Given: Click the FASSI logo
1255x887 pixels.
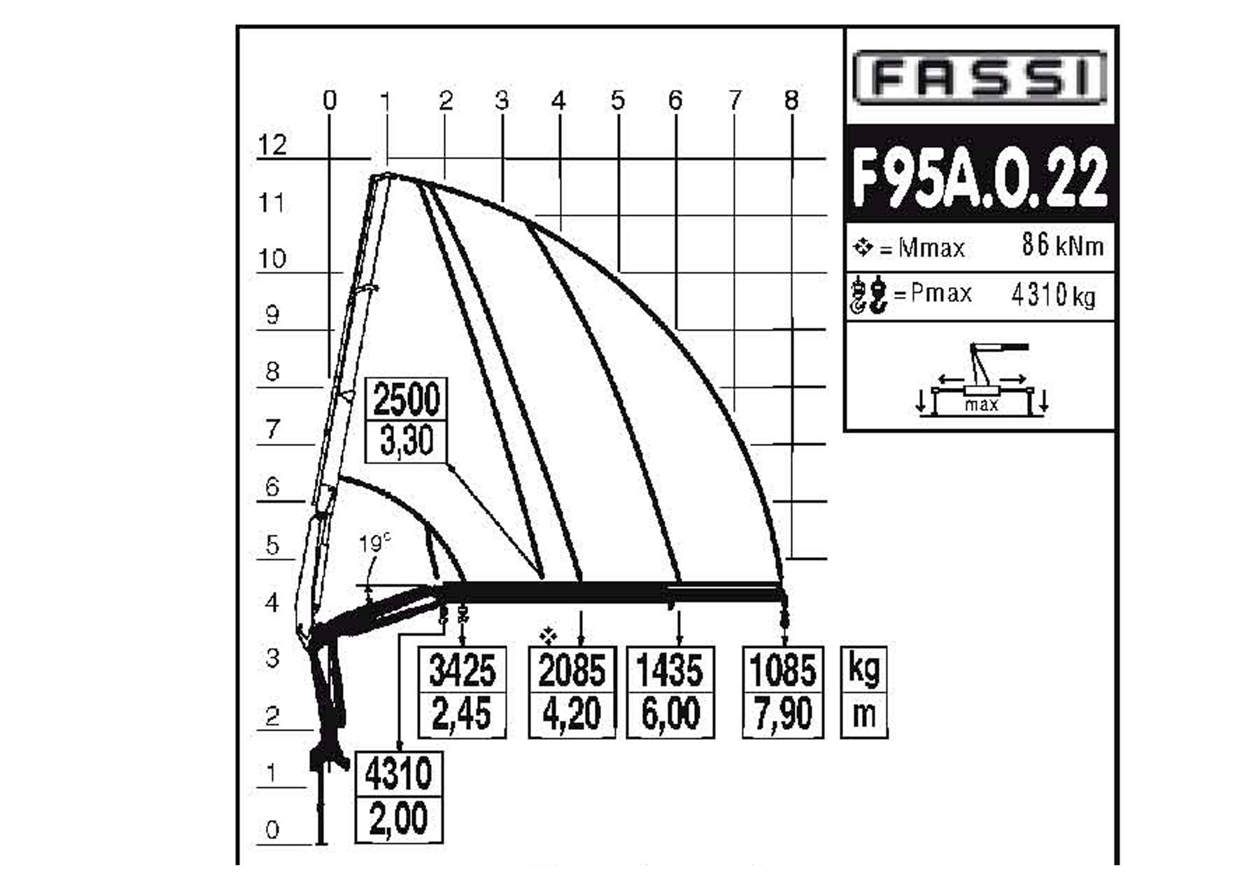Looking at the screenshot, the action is pyautogui.click(x=980, y=77).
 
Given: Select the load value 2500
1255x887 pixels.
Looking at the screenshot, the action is pyautogui.click(x=406, y=399).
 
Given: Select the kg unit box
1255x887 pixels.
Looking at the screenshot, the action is pyautogui.click(x=864, y=670).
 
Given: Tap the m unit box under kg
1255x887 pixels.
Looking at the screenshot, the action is pyautogui.click(x=864, y=715).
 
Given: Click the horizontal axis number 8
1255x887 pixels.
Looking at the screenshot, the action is pyautogui.click(x=791, y=100).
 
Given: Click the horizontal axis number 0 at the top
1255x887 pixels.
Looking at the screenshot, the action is pyautogui.click(x=329, y=100).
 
